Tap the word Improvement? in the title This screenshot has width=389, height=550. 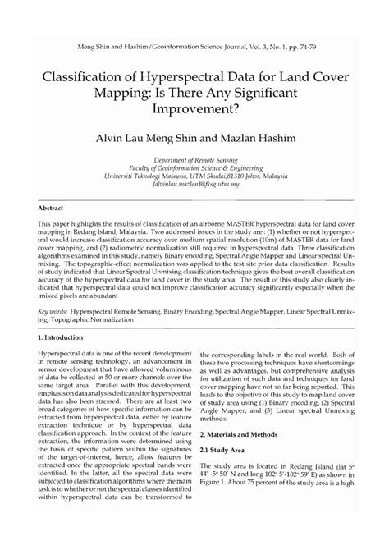(194, 107)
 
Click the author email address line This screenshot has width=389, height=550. (194, 186)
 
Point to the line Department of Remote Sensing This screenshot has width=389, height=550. (194, 163)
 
